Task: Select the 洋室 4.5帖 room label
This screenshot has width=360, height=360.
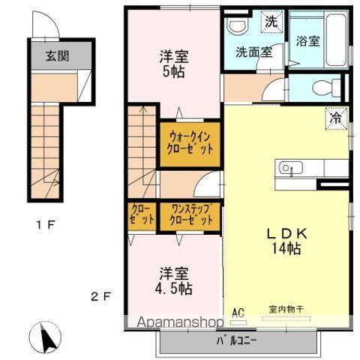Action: pyautogui.click(x=173, y=280)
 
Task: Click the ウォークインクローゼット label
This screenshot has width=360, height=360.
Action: pyautogui.click(x=190, y=141)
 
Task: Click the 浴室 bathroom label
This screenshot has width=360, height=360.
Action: pyautogui.click(x=308, y=42)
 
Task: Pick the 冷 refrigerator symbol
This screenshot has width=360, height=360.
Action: pyautogui.click(x=337, y=118)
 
